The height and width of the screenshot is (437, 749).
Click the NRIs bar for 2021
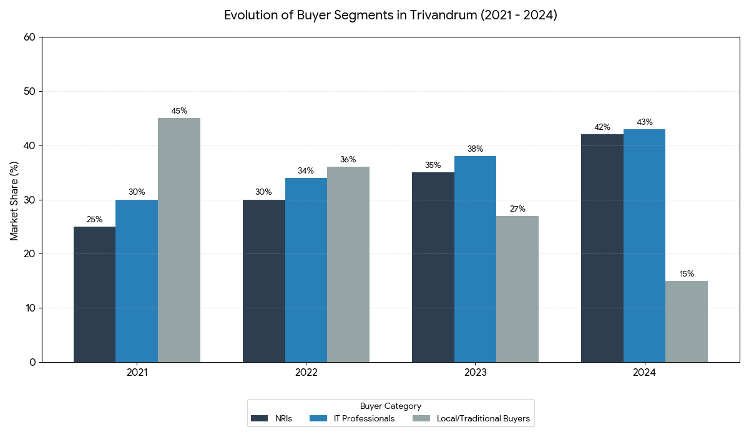coord(94,294)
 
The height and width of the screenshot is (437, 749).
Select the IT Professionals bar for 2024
coord(644,245)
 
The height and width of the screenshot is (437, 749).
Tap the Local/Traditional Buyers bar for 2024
coord(687,322)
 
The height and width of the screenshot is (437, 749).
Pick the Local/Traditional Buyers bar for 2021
coord(179,240)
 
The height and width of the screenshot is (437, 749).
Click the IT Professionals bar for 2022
coord(306,270)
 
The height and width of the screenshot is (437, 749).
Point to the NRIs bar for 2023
coord(433,267)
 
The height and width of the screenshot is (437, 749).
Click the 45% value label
coord(179,111)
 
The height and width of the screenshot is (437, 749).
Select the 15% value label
coord(687,274)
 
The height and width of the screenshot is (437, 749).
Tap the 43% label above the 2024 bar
coord(644,122)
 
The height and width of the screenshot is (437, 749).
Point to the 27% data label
coord(517,209)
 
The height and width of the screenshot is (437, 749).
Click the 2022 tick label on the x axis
coord(306,373)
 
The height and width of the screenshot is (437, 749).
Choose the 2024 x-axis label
coord(644,373)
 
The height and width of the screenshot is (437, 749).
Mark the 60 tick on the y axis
coord(29,37)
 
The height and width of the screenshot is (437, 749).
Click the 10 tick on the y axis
coord(29,308)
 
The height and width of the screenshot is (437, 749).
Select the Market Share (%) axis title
coord(14,200)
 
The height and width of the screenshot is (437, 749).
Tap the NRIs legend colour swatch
coord(259,419)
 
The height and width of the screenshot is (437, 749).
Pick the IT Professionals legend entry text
coord(364,419)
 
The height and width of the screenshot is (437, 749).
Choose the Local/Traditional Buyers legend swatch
coord(421,419)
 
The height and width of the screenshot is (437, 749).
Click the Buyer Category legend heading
coord(391,406)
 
